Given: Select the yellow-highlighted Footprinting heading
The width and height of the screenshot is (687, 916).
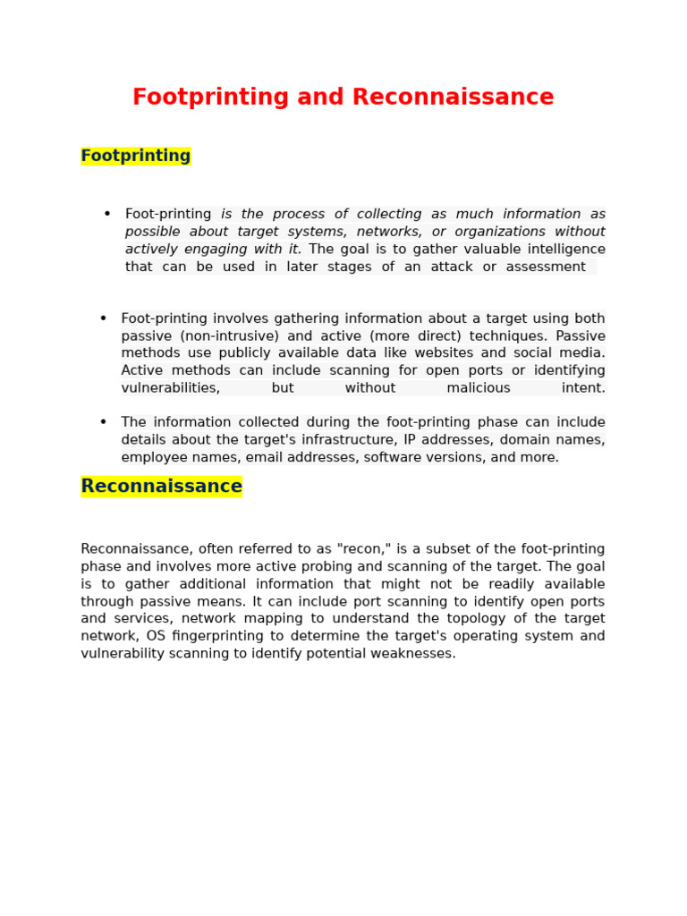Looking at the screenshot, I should point(136,157).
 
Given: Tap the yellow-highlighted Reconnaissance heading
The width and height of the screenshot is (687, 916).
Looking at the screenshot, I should point(162,487).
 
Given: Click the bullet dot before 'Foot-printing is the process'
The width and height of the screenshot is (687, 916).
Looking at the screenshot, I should point(107,214).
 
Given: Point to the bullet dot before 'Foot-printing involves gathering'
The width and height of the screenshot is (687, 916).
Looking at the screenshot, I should point(103,318).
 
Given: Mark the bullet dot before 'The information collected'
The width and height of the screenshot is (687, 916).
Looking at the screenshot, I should point(103,422).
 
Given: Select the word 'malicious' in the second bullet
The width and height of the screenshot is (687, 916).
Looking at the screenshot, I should point(479,388).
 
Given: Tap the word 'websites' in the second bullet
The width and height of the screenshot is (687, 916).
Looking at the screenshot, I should point(444,353).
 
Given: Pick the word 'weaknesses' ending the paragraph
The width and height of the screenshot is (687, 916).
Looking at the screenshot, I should point(413,654).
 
